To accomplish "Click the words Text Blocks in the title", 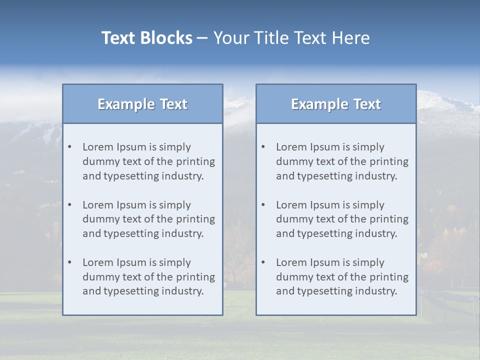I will [x=146, y=38].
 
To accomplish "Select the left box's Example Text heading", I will [x=142, y=104].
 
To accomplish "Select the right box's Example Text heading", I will [x=336, y=104].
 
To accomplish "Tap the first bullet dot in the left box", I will [x=69, y=147].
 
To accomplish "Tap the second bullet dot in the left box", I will [x=69, y=205].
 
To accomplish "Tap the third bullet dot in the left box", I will [x=69, y=262].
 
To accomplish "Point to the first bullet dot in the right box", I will [x=263, y=147].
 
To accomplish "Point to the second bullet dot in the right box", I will [x=263, y=205].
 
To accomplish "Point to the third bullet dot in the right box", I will [x=263, y=262].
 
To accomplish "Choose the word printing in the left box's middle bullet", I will [x=195, y=219].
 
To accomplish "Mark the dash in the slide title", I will [x=202, y=38].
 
